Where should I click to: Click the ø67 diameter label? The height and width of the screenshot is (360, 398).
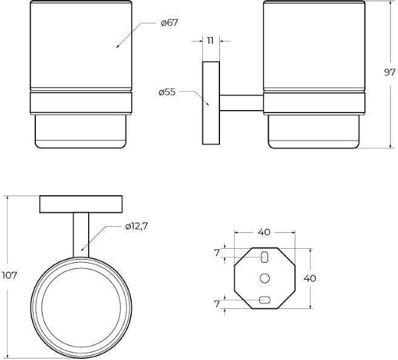[170, 23]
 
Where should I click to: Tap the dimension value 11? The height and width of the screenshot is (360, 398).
[210, 41]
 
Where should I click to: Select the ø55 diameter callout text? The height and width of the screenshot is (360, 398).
[167, 92]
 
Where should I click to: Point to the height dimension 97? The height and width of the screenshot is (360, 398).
[389, 72]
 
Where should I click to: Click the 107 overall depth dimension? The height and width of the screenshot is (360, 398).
[9, 275]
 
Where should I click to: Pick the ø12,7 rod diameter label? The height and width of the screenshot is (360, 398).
[136, 226]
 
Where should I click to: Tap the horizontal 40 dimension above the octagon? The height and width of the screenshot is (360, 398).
[264, 232]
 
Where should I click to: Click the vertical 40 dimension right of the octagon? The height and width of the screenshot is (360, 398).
[310, 278]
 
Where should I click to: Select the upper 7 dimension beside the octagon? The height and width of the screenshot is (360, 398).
[216, 253]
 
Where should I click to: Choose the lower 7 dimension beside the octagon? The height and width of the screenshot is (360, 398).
[216, 304]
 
